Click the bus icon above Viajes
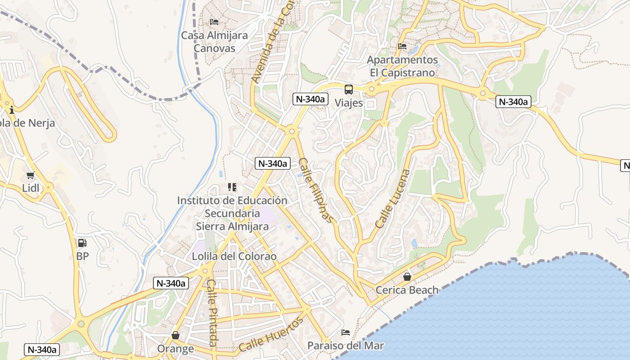click(x=349, y=89)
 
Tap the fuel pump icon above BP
click(x=82, y=243)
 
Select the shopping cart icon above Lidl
click(x=31, y=175)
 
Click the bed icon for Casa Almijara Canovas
click(x=214, y=22)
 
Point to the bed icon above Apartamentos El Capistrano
click(x=402, y=46)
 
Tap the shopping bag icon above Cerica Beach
click(x=407, y=276)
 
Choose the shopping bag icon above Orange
click(x=175, y=335)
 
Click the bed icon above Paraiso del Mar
click(x=346, y=333)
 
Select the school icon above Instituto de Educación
click(x=232, y=187)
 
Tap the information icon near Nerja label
click(x=11, y=109)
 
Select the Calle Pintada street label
click(x=212, y=313)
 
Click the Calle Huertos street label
click(x=271, y=335)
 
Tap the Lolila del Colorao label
click(x=234, y=256)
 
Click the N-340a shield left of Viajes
click(x=310, y=99)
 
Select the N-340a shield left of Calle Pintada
click(x=171, y=283)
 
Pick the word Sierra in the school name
click(x=214, y=226)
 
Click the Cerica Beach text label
click(x=407, y=290)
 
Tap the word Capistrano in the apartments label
click(x=412, y=72)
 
